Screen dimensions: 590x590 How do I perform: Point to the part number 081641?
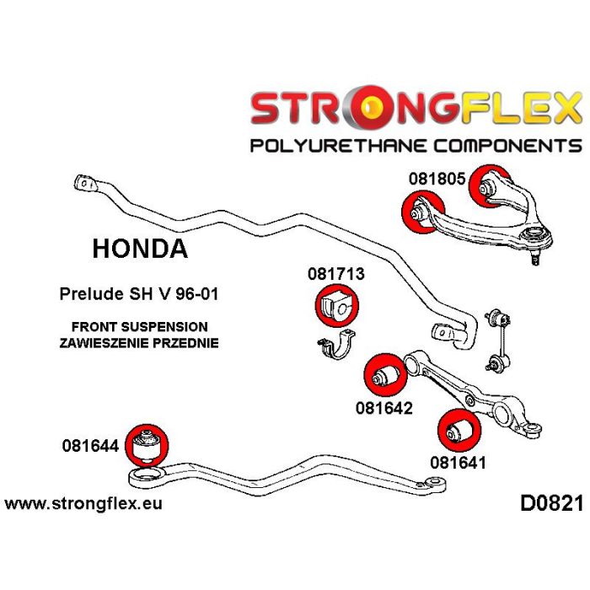[459, 461]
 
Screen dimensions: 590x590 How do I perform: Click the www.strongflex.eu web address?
[83, 504]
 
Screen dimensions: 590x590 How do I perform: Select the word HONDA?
[139, 249]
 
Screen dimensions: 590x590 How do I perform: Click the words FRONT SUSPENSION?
[139, 327]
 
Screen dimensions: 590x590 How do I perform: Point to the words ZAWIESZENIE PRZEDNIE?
[139, 343]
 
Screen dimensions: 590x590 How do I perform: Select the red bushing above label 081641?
[459, 430]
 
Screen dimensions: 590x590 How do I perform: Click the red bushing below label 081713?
[336, 307]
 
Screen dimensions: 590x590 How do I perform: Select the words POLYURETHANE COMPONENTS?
[416, 146]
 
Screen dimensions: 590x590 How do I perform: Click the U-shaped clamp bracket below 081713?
[335, 349]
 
